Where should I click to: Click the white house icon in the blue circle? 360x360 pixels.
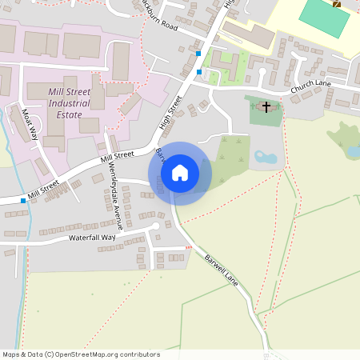click(180, 172)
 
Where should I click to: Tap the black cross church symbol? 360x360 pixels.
click(266, 106)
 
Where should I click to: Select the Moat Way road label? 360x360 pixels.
click(30, 123)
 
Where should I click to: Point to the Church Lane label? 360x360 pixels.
click(310, 87)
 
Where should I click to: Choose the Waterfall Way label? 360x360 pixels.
click(92, 238)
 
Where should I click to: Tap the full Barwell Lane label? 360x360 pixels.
click(222, 271)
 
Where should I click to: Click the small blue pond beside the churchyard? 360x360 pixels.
click(266, 158)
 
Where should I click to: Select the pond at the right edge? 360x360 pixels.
click(353, 150)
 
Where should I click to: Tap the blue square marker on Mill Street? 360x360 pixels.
click(23, 200)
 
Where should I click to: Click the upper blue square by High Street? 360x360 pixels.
click(198, 54)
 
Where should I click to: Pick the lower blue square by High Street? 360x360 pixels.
click(199, 72)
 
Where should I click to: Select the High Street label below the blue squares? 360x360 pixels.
click(171, 113)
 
